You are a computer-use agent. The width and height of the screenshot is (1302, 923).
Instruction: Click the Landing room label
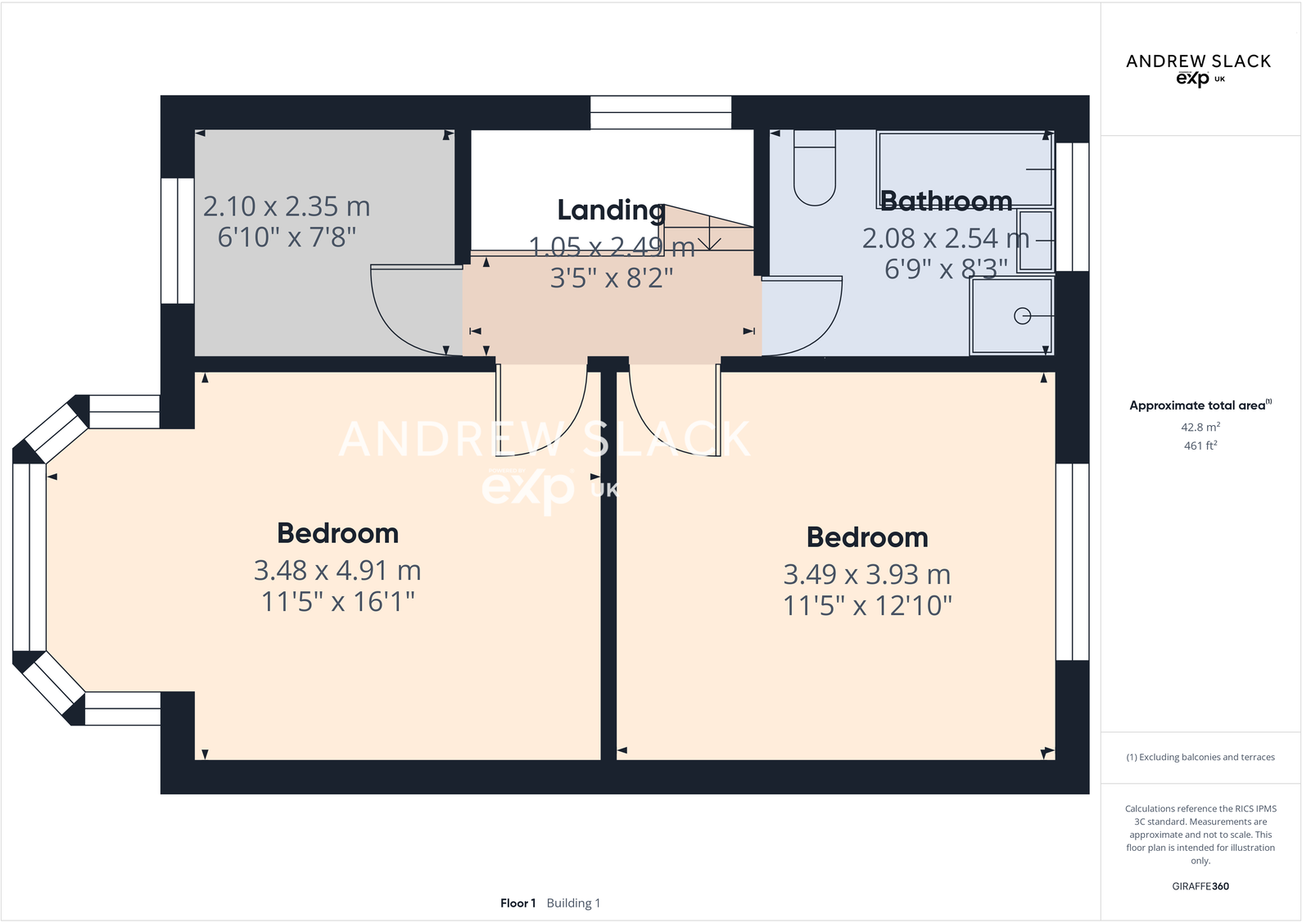tap(611, 210)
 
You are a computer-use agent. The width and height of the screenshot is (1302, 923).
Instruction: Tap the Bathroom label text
tap(946, 201)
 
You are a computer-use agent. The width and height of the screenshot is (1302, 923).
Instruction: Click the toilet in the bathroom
tap(814, 172)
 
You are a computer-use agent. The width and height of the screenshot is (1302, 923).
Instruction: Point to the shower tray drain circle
tap(1022, 316)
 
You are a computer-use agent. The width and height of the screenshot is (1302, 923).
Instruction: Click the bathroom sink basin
tap(1035, 241)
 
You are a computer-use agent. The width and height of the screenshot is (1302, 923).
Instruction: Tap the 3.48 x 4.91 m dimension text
tap(337, 570)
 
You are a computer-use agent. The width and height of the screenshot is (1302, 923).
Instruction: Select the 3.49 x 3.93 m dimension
tap(866, 574)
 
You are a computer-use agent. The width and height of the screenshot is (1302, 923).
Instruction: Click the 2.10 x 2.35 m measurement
tap(287, 206)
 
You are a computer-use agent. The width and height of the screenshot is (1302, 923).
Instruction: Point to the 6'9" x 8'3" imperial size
tap(946, 269)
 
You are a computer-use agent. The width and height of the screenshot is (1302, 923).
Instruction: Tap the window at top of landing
tap(660, 112)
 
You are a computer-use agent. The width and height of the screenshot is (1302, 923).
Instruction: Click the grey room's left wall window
tap(177, 241)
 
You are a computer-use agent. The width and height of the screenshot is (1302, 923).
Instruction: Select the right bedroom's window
tap(1072, 562)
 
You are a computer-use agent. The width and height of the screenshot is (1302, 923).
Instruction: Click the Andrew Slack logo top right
tap(1198, 69)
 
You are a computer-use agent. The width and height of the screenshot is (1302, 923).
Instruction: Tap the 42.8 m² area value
tap(1200, 428)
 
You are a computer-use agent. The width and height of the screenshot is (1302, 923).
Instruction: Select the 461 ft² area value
tap(1200, 446)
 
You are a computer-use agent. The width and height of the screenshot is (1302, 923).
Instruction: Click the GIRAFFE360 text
tap(1200, 886)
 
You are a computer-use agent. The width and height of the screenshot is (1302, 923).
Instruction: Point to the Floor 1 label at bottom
tap(518, 903)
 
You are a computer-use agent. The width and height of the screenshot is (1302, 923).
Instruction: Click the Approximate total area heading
tap(1197, 405)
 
